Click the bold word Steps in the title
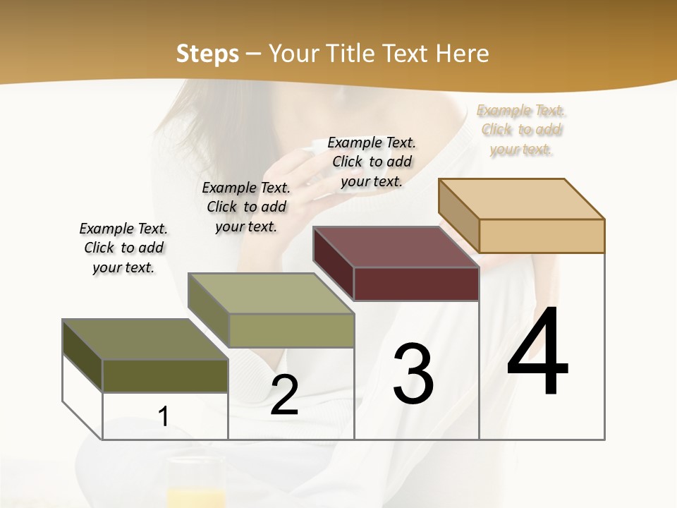click(207, 54)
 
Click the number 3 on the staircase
click(413, 373)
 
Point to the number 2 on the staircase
click(284, 395)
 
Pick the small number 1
click(164, 416)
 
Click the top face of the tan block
click(522, 199)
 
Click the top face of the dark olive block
click(145, 339)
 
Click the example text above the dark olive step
click(123, 248)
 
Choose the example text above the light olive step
click(246, 207)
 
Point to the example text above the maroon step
click(372, 162)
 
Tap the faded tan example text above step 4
click(521, 129)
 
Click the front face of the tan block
click(542, 236)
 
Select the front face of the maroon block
click(416, 284)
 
